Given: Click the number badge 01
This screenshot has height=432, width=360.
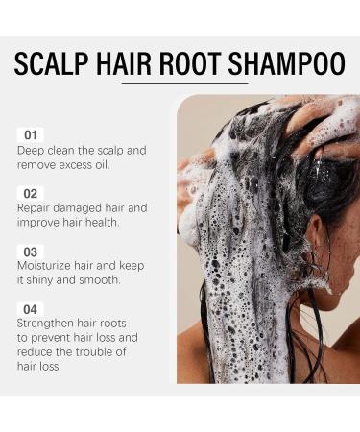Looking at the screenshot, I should [31, 135].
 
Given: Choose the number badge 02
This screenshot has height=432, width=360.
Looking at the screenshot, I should [31, 193].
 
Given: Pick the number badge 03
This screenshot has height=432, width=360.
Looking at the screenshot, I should [31, 251].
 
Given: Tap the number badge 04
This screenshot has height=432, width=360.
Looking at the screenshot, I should [31, 308].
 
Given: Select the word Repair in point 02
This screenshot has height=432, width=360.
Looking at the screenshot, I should [36, 208].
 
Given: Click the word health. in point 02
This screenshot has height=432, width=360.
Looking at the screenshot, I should [98, 223].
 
